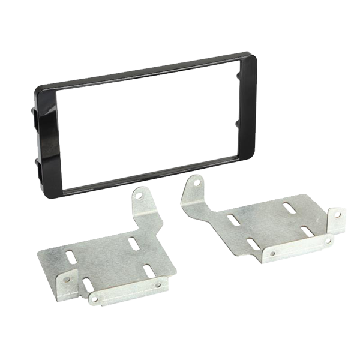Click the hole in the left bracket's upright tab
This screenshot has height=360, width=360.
(x=139, y=196)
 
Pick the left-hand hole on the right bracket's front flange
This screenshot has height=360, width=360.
(x=272, y=254)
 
